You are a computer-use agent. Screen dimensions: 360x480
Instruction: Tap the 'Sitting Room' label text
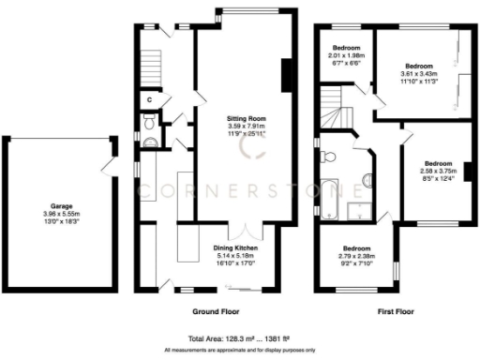coord(247,119)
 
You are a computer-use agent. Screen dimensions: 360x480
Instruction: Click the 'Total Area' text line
coord(240,339)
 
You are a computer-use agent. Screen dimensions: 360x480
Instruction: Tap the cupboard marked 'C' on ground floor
coord(150,98)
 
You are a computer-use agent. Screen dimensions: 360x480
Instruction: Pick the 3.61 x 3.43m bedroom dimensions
coord(418,74)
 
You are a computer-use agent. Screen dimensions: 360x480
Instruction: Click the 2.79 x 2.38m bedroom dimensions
coord(354,250)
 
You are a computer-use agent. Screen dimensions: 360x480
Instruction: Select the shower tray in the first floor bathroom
coord(359,212)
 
